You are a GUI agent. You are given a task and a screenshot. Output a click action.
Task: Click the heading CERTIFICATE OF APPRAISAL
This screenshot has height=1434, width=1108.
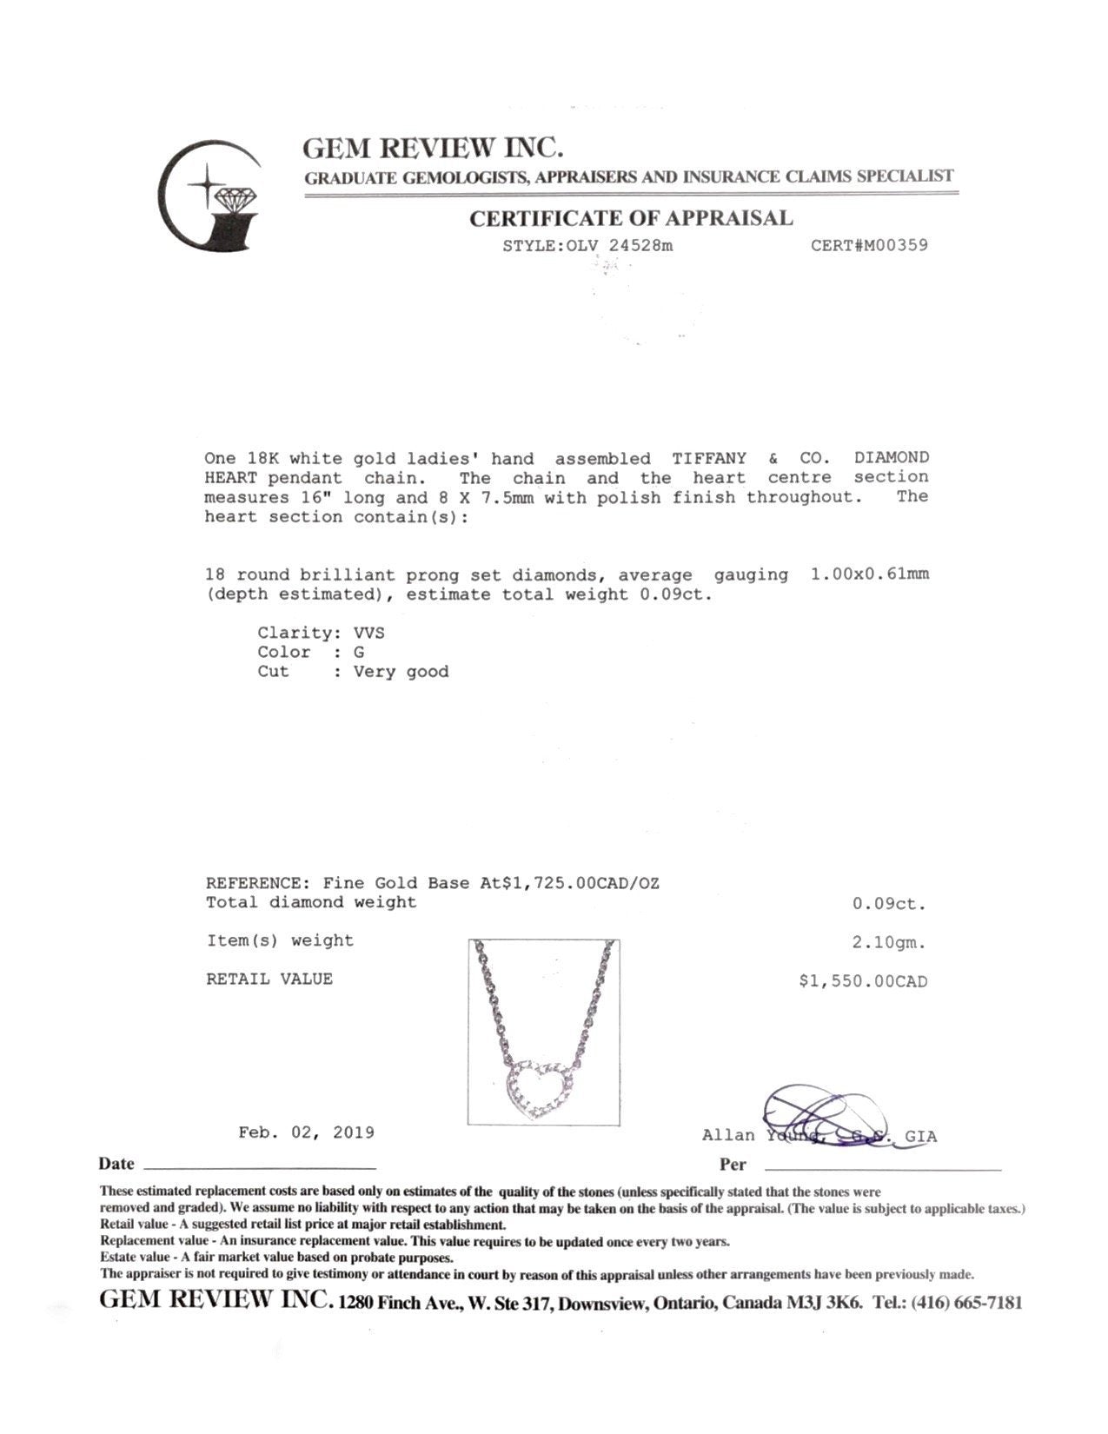pyautogui.click(x=631, y=219)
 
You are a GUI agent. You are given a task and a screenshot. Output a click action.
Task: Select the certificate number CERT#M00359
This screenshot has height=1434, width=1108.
pyautogui.click(x=869, y=245)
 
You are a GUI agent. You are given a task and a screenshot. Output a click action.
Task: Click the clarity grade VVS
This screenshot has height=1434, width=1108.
pyautogui.click(x=368, y=633)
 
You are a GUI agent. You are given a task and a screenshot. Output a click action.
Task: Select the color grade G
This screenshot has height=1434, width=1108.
pyautogui.click(x=359, y=652)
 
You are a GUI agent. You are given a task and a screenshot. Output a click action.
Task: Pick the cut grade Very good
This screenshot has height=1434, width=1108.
pyautogui.click(x=401, y=672)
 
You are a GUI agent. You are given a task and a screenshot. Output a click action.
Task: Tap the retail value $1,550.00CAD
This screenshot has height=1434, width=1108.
pyautogui.click(x=863, y=982)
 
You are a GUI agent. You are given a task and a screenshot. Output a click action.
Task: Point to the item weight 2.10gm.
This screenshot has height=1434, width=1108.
pyautogui.click(x=889, y=942)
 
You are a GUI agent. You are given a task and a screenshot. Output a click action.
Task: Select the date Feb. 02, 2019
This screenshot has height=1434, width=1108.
pyautogui.click(x=307, y=1132)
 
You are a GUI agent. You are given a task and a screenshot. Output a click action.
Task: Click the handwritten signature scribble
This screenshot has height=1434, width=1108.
pyautogui.click(x=821, y=1117)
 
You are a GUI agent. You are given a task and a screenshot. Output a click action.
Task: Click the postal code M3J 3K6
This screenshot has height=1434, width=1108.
pyautogui.click(x=826, y=1303)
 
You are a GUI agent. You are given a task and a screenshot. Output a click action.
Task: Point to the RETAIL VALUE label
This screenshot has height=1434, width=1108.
pyautogui.click(x=269, y=979)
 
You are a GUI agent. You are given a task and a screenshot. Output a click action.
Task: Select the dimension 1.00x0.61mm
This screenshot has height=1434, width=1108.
pyautogui.click(x=869, y=574)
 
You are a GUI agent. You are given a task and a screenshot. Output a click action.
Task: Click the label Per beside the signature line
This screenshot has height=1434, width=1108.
pyautogui.click(x=733, y=1165)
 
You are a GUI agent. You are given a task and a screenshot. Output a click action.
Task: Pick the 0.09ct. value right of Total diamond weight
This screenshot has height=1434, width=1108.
pyautogui.click(x=889, y=904)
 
